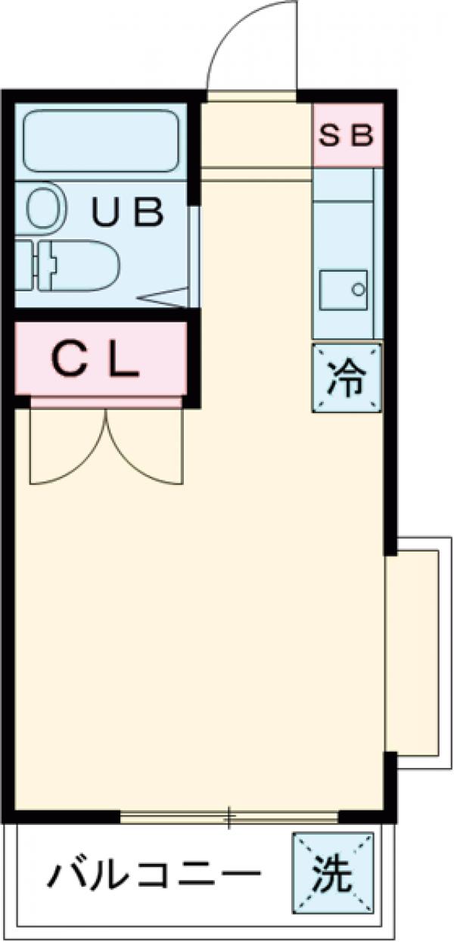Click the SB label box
click(347, 135)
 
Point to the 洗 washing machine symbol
click(334, 873)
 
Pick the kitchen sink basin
click(343, 289)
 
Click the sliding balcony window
click(229, 816)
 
